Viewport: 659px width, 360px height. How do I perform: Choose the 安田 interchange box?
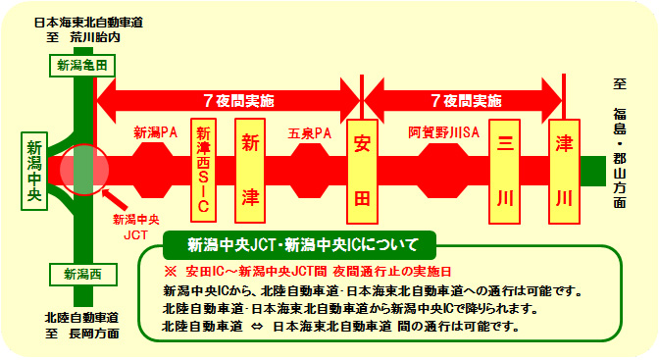(x=362, y=170)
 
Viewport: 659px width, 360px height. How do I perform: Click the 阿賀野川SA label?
(x=442, y=131)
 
